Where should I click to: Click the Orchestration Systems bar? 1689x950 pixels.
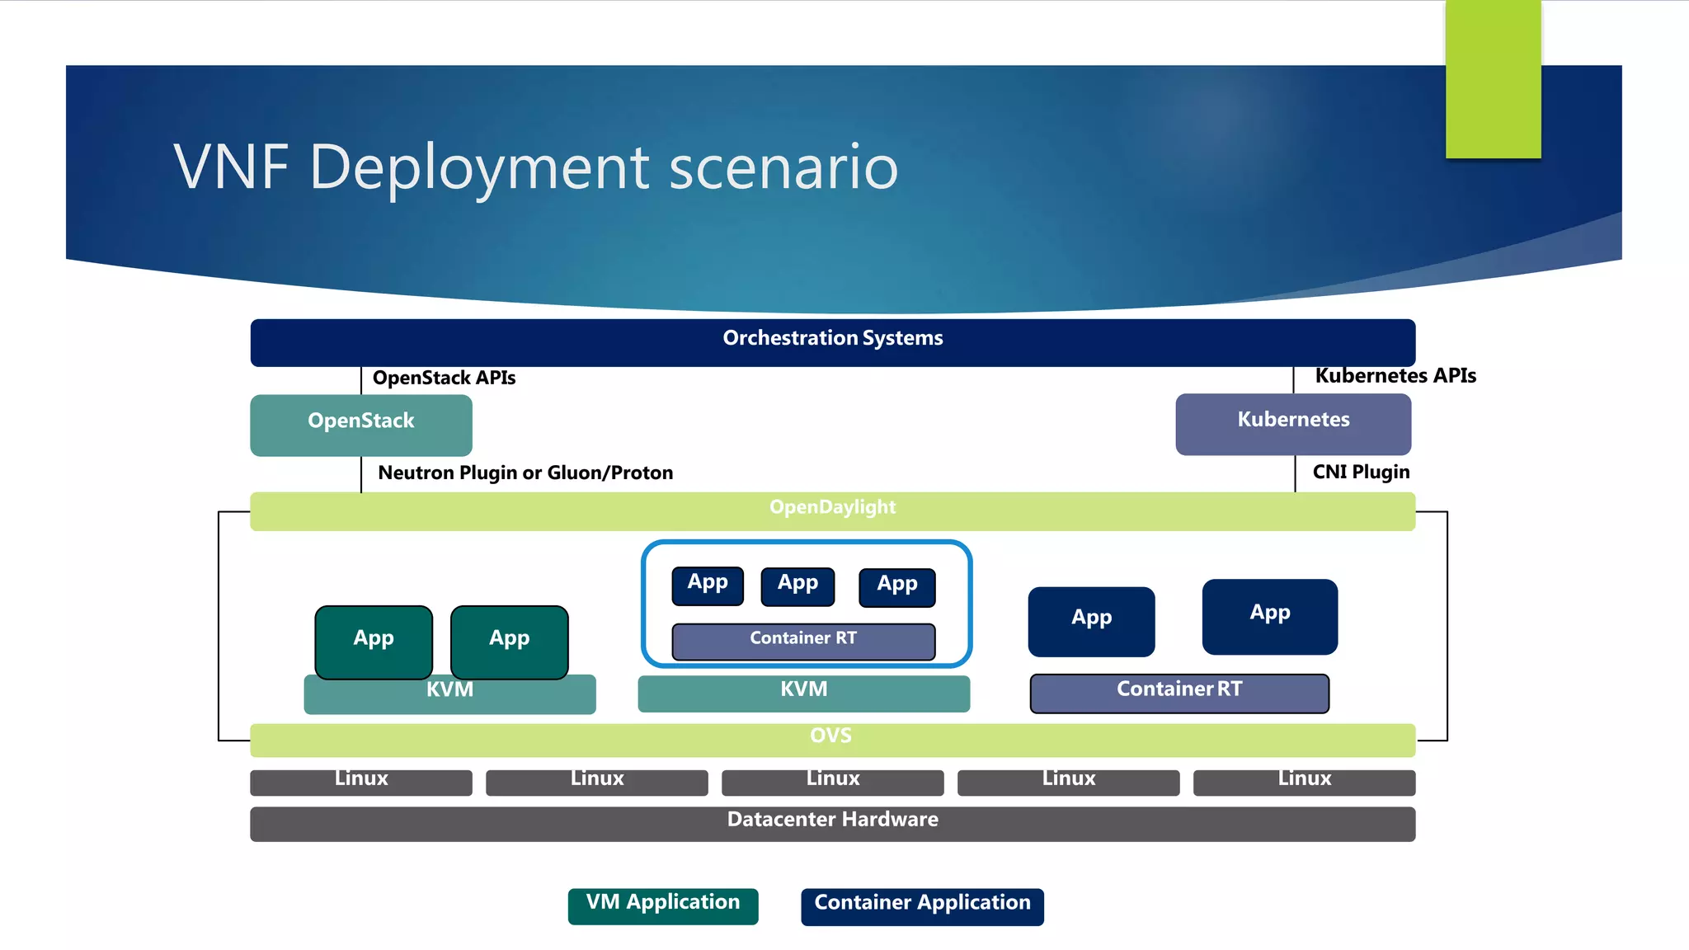point(833,341)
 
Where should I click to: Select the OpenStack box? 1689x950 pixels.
point(361,424)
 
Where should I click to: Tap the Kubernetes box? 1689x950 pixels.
point(1293,423)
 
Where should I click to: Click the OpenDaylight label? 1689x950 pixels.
point(832,508)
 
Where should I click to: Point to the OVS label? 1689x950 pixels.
point(830,736)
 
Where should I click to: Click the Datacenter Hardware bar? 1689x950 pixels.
point(833,822)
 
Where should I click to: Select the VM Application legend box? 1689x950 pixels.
point(663,905)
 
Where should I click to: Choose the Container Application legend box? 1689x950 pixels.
point(922,905)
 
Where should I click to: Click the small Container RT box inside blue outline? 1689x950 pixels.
point(803,641)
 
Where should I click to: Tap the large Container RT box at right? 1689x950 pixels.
point(1179,692)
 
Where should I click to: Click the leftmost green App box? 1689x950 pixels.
point(374,641)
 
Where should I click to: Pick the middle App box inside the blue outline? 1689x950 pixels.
point(797,586)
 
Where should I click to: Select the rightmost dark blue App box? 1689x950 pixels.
point(1269,615)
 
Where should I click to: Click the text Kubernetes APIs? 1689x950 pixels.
point(1395,376)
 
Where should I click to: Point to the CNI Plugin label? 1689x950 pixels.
point(1361,473)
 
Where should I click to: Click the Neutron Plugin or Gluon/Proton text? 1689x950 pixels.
point(525,473)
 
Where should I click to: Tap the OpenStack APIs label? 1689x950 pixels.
point(444,379)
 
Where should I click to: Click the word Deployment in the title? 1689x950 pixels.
point(479,167)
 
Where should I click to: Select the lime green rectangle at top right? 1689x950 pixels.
point(1493,78)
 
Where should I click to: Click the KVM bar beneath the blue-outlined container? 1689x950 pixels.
point(804,692)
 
